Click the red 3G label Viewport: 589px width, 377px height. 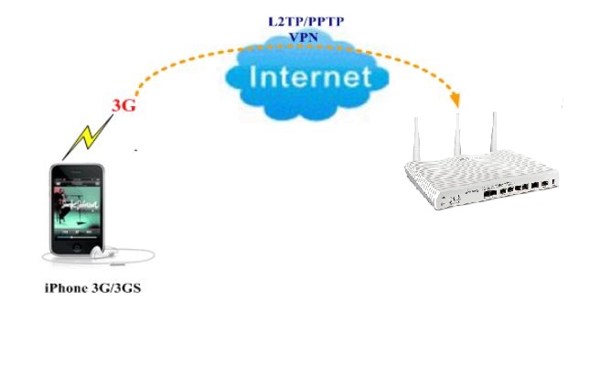pos(123,104)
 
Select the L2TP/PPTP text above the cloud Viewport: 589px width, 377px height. pos(294,19)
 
